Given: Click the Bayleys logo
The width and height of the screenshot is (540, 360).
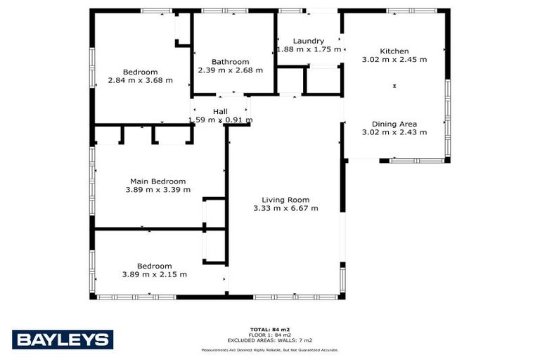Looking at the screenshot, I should [63, 340].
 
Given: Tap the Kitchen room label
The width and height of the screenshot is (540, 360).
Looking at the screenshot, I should [394, 51].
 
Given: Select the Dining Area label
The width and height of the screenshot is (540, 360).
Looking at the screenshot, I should [394, 124].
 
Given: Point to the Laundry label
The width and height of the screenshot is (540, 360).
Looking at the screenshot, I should [309, 41].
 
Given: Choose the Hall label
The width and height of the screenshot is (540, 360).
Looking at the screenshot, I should [220, 112].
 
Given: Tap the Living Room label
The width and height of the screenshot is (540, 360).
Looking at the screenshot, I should [285, 200].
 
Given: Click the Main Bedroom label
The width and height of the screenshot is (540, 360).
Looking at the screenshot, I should [157, 181].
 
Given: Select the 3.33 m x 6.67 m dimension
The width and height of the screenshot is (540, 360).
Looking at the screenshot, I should [285, 208].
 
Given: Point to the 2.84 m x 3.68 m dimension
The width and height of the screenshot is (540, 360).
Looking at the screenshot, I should [140, 80].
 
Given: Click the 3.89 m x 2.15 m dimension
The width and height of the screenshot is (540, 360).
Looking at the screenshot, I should [154, 274].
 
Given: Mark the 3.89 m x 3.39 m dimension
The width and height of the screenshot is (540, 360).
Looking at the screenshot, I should [157, 189].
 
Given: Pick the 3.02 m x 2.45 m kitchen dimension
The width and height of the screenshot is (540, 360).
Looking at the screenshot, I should [394, 60].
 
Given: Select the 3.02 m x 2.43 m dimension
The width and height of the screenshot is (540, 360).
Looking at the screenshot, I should [394, 132].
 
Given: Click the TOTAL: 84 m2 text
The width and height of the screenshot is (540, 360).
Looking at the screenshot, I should [270, 329].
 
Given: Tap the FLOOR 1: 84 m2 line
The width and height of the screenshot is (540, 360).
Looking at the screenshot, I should [270, 335].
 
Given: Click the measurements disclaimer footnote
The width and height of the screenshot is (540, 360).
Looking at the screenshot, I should [270, 349].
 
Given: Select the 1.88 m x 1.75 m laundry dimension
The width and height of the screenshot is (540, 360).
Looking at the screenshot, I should [309, 50].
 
